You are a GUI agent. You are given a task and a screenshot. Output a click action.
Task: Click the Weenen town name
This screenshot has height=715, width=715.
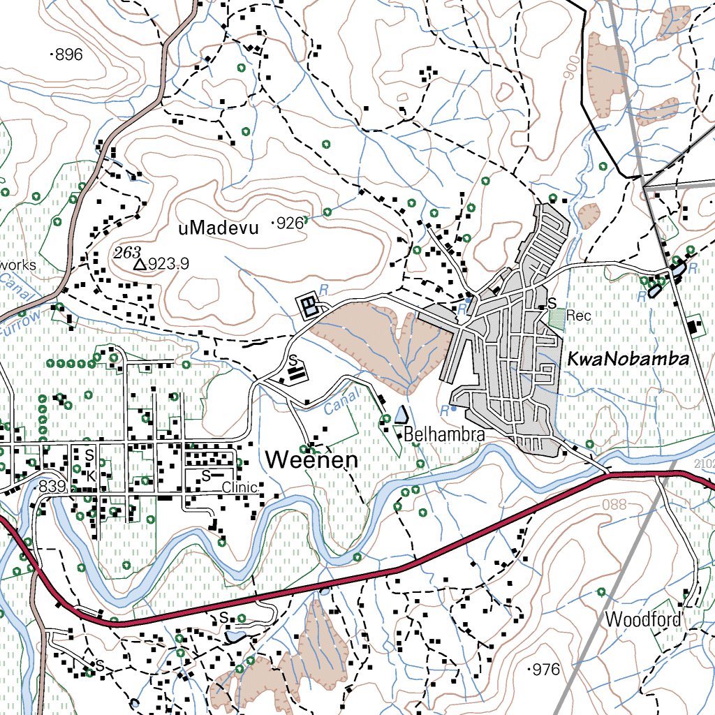pos(311,460)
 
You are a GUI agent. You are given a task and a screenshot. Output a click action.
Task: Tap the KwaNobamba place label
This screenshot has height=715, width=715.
pos(628,360)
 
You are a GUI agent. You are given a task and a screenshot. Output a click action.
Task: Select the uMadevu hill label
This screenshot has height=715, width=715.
pos(219,228)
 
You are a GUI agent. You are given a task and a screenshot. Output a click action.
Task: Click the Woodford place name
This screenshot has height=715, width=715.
pos(643,619)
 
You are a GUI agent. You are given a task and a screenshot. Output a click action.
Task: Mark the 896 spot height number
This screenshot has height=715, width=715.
pos(68,54)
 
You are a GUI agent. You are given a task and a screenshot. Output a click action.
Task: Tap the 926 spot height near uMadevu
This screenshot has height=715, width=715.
pos(290,223)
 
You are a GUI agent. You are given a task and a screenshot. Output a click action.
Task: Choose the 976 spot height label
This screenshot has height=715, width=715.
pos(545,670)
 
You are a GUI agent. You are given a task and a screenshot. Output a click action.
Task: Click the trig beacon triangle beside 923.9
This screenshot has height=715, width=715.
pos(140,264)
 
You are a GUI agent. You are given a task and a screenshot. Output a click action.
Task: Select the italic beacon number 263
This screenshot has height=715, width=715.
pos(128,252)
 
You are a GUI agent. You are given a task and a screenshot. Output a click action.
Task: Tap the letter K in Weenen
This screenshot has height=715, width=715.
pos(90,476)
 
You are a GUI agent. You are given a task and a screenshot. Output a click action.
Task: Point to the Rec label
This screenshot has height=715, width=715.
pos(579,316)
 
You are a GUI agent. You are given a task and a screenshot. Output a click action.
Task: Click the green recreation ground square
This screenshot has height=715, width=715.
pos(556,319)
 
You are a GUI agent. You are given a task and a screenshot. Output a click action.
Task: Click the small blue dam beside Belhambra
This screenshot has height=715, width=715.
pos(399,415)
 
